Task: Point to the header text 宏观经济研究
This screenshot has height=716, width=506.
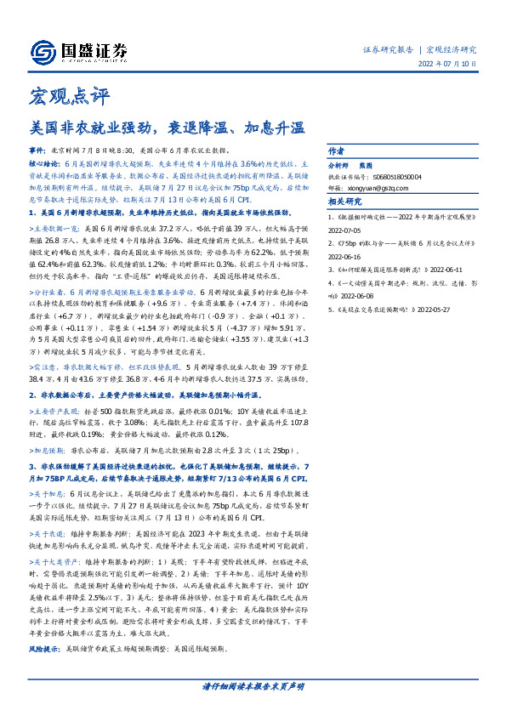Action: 451,48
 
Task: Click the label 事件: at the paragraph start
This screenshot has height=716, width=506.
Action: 39,148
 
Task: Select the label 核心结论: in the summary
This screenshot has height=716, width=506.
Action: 44,160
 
